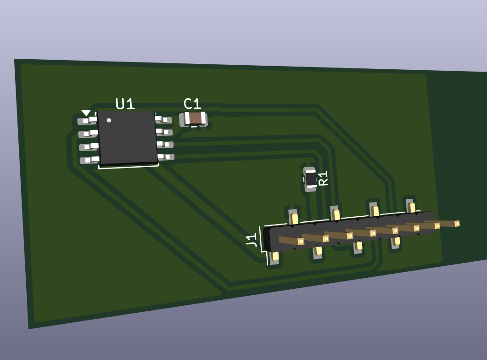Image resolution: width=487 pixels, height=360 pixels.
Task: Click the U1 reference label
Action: (x=125, y=104)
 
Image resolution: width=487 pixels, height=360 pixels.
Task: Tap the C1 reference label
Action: (x=192, y=104)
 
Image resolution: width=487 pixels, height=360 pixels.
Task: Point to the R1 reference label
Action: (x=324, y=178)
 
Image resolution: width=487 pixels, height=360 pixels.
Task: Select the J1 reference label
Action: (x=252, y=240)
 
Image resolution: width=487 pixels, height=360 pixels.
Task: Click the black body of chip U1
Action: (x=127, y=137)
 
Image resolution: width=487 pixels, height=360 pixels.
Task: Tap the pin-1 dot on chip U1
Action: (x=109, y=120)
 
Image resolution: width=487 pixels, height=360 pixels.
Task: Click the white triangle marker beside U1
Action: (x=86, y=112)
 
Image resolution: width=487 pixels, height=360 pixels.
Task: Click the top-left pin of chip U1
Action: (x=87, y=120)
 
